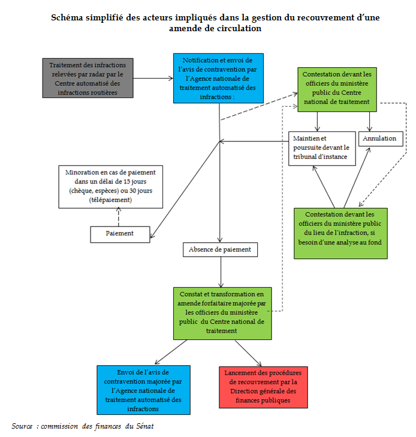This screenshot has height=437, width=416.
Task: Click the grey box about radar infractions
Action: pyautogui.click(x=88, y=77)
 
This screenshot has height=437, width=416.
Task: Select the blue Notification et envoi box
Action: pyautogui.click(x=218, y=78)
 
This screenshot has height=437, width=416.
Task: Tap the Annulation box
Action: pyautogui.click(x=381, y=138)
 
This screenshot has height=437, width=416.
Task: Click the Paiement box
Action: pyautogui.click(x=120, y=234)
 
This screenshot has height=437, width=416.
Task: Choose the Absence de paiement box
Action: pyautogui.click(x=220, y=249)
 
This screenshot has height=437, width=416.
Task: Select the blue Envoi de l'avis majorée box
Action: pyautogui.click(x=143, y=390)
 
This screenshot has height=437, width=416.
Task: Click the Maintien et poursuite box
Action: pyautogui.click(x=322, y=148)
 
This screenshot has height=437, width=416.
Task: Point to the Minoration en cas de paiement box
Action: pyautogui.click(x=110, y=186)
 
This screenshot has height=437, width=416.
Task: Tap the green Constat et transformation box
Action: pyautogui.click(x=222, y=312)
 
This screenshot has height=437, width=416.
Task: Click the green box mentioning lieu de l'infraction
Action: pyautogui.click(x=340, y=233)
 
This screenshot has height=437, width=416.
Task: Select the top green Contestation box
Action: pyautogui.click(x=337, y=89)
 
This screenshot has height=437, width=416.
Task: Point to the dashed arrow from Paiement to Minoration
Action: pyautogui.click(x=119, y=216)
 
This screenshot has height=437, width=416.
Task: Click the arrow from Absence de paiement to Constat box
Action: pyautogui.click(x=221, y=272)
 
